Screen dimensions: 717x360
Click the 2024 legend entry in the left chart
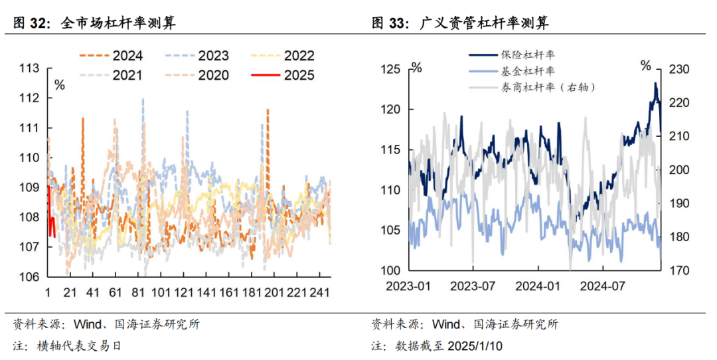pos(111,56)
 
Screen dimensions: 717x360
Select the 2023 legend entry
pos(197,56)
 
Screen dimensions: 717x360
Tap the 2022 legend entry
pos(283,56)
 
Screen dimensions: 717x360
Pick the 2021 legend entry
pos(111,75)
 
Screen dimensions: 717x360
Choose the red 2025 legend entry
pos(283,75)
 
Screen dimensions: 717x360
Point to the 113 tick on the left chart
pos(29,68)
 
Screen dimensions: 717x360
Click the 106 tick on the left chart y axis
pos(29,276)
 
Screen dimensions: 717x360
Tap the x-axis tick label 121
pos(183,292)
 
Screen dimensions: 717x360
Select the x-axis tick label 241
pos(319,292)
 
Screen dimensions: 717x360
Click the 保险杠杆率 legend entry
pos(512,55)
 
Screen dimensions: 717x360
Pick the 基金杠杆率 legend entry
pos(512,71)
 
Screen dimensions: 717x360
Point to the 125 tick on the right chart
pos(390,69)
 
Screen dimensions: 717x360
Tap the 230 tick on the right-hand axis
pos(679,69)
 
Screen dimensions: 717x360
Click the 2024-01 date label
pos(537,286)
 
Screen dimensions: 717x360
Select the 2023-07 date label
pos(473,286)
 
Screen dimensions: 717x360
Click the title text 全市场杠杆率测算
pos(118,23)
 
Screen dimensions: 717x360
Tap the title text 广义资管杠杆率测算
pos(484,23)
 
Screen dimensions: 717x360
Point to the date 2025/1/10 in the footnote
pos(475,346)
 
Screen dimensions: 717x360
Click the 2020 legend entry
pos(197,75)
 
